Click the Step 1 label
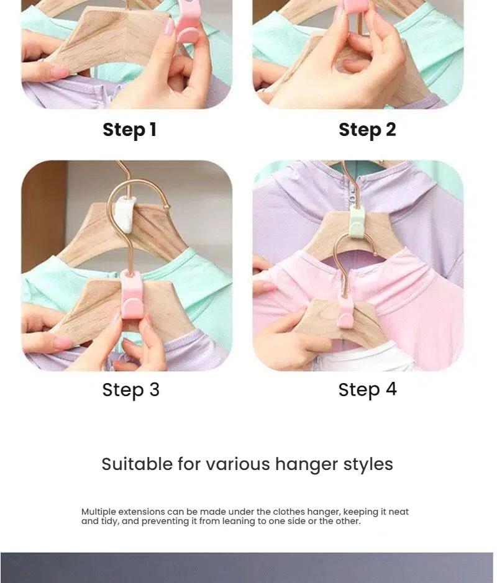point(129,130)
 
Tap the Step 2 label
point(367,130)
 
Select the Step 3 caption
point(130,390)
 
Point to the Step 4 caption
point(367,390)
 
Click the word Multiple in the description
point(98,512)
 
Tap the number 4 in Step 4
point(391,389)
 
